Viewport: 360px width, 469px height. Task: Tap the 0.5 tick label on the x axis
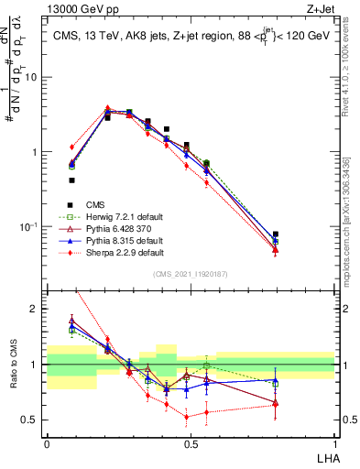click(190, 442)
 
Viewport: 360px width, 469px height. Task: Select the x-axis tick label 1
click(334, 442)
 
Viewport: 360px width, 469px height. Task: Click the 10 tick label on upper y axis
click(31, 77)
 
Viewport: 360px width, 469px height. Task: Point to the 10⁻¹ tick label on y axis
click(29, 226)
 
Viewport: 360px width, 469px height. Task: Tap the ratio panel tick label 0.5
click(30, 420)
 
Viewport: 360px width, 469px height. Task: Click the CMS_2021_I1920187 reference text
click(190, 273)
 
